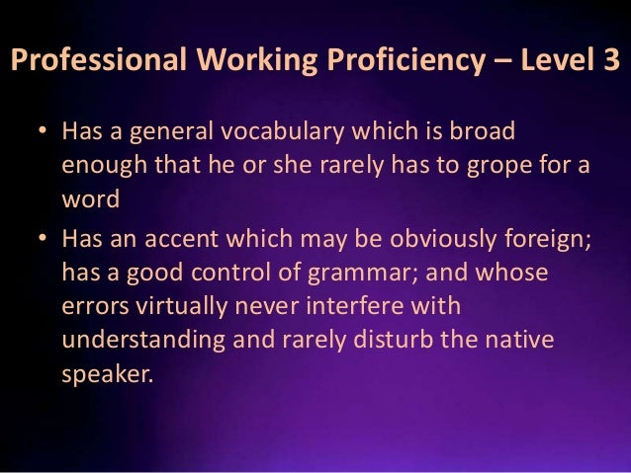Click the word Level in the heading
549,62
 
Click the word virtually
182,306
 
